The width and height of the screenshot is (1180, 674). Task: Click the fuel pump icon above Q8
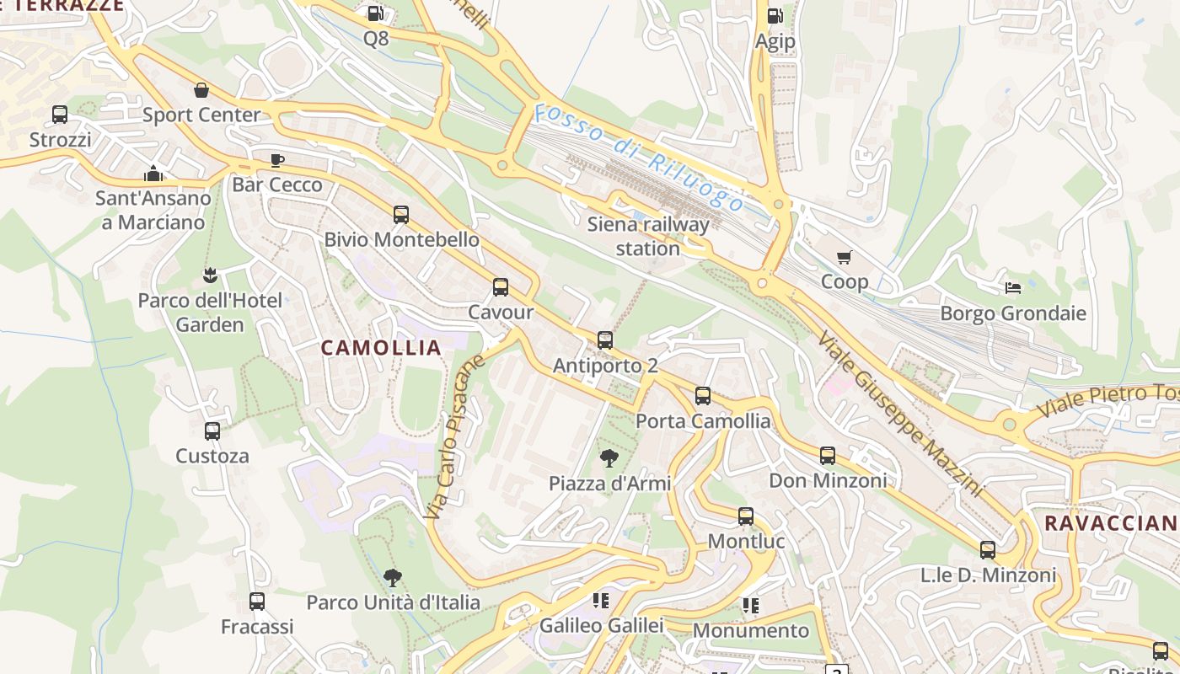point(376,13)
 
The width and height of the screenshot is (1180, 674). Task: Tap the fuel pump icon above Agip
point(775,16)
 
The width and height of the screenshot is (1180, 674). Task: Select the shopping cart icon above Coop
point(844,257)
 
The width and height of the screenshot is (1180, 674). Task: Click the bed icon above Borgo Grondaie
point(1013,288)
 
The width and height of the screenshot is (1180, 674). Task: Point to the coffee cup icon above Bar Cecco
point(277,160)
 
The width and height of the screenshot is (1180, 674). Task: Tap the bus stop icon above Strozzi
point(60,114)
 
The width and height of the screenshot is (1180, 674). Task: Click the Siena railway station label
point(647,236)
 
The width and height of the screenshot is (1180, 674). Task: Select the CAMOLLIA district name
point(382,348)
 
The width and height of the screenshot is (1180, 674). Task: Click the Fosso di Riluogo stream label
point(639,157)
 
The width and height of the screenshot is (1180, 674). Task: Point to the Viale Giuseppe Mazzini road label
point(899,412)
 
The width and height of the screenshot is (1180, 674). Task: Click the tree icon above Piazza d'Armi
point(609,458)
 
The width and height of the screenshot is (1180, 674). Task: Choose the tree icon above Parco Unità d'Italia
point(392,577)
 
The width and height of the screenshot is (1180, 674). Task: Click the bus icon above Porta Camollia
point(703,396)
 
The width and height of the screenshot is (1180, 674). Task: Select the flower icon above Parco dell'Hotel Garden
point(210,275)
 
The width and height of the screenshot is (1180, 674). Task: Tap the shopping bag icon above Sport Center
point(201,90)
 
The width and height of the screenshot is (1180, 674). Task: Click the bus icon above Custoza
point(212,431)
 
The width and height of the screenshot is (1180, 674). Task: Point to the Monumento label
point(750,630)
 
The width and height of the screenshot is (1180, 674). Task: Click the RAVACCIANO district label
point(1111,523)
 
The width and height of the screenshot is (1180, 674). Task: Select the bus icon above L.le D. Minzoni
point(988,550)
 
